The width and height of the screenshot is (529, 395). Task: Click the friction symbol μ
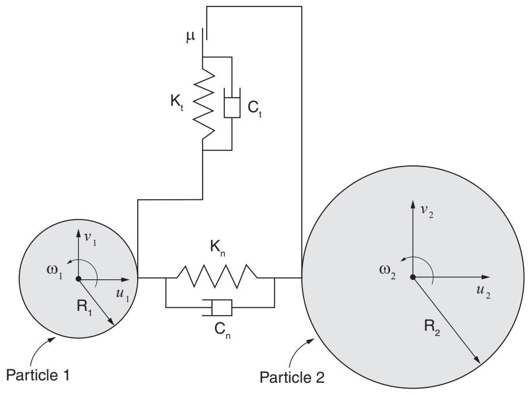pyautogui.click(x=190, y=37)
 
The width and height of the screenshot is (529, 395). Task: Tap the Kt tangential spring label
pyautogui.click(x=177, y=102)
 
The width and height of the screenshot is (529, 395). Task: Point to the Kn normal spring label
pyautogui.click(x=218, y=248)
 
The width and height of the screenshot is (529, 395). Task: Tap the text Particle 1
pyautogui.click(x=38, y=375)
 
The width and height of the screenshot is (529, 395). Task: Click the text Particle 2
pyautogui.click(x=292, y=377)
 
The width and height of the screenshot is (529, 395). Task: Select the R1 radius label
pyautogui.click(x=84, y=307)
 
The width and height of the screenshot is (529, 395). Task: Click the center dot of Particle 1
pyautogui.click(x=78, y=279)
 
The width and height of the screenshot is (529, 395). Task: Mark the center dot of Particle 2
pyautogui.click(x=412, y=277)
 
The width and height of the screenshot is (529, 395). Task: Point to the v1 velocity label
pyautogui.click(x=90, y=238)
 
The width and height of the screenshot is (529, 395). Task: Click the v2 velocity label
pyautogui.click(x=426, y=211)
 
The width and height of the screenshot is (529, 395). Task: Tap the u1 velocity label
pyautogui.click(x=122, y=294)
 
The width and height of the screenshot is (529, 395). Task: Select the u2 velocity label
pyautogui.click(x=483, y=292)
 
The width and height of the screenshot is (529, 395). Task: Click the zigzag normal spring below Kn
pyautogui.click(x=217, y=276)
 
